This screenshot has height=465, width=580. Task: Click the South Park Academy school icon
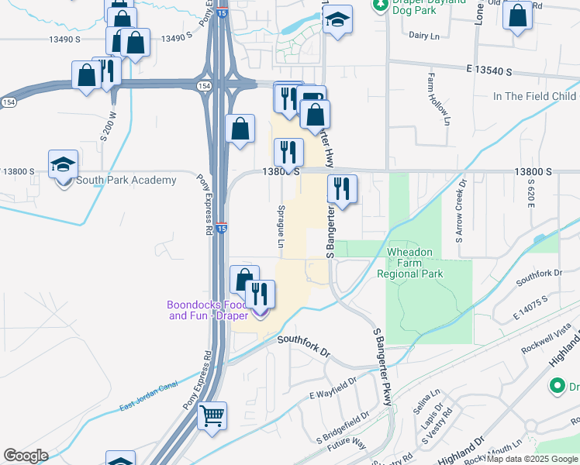63,164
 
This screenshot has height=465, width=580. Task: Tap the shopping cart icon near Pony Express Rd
212,416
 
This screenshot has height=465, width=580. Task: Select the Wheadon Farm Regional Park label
409,263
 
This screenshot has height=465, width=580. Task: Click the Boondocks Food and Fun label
208,310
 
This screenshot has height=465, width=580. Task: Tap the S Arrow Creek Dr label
460,210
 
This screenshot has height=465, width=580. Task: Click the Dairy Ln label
423,36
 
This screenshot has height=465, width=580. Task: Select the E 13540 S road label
490,71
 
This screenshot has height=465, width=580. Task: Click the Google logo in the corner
26,456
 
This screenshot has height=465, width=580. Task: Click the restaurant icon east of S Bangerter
342,188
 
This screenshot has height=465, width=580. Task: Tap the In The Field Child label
535,97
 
